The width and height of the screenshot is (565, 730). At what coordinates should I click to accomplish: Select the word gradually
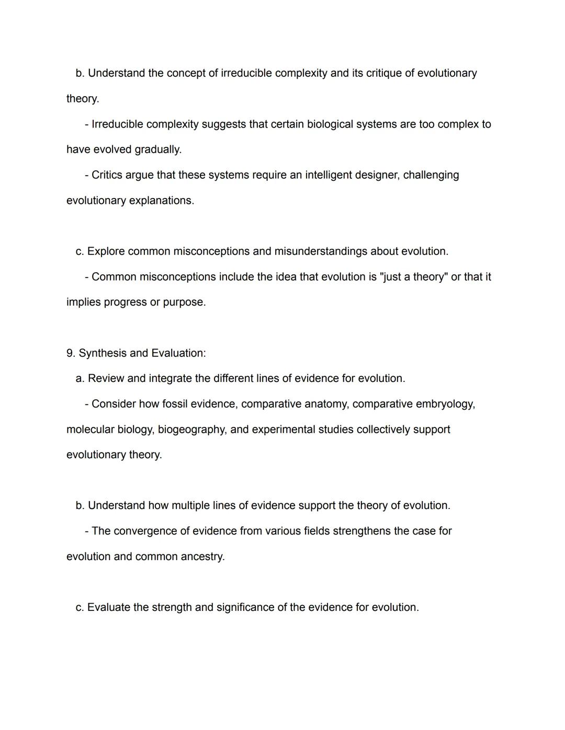[x=158, y=149]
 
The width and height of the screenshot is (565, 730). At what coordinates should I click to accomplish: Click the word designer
[x=377, y=175]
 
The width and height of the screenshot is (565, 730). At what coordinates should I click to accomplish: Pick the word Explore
[x=106, y=251]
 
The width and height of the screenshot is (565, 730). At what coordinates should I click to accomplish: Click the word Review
[x=106, y=378]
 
